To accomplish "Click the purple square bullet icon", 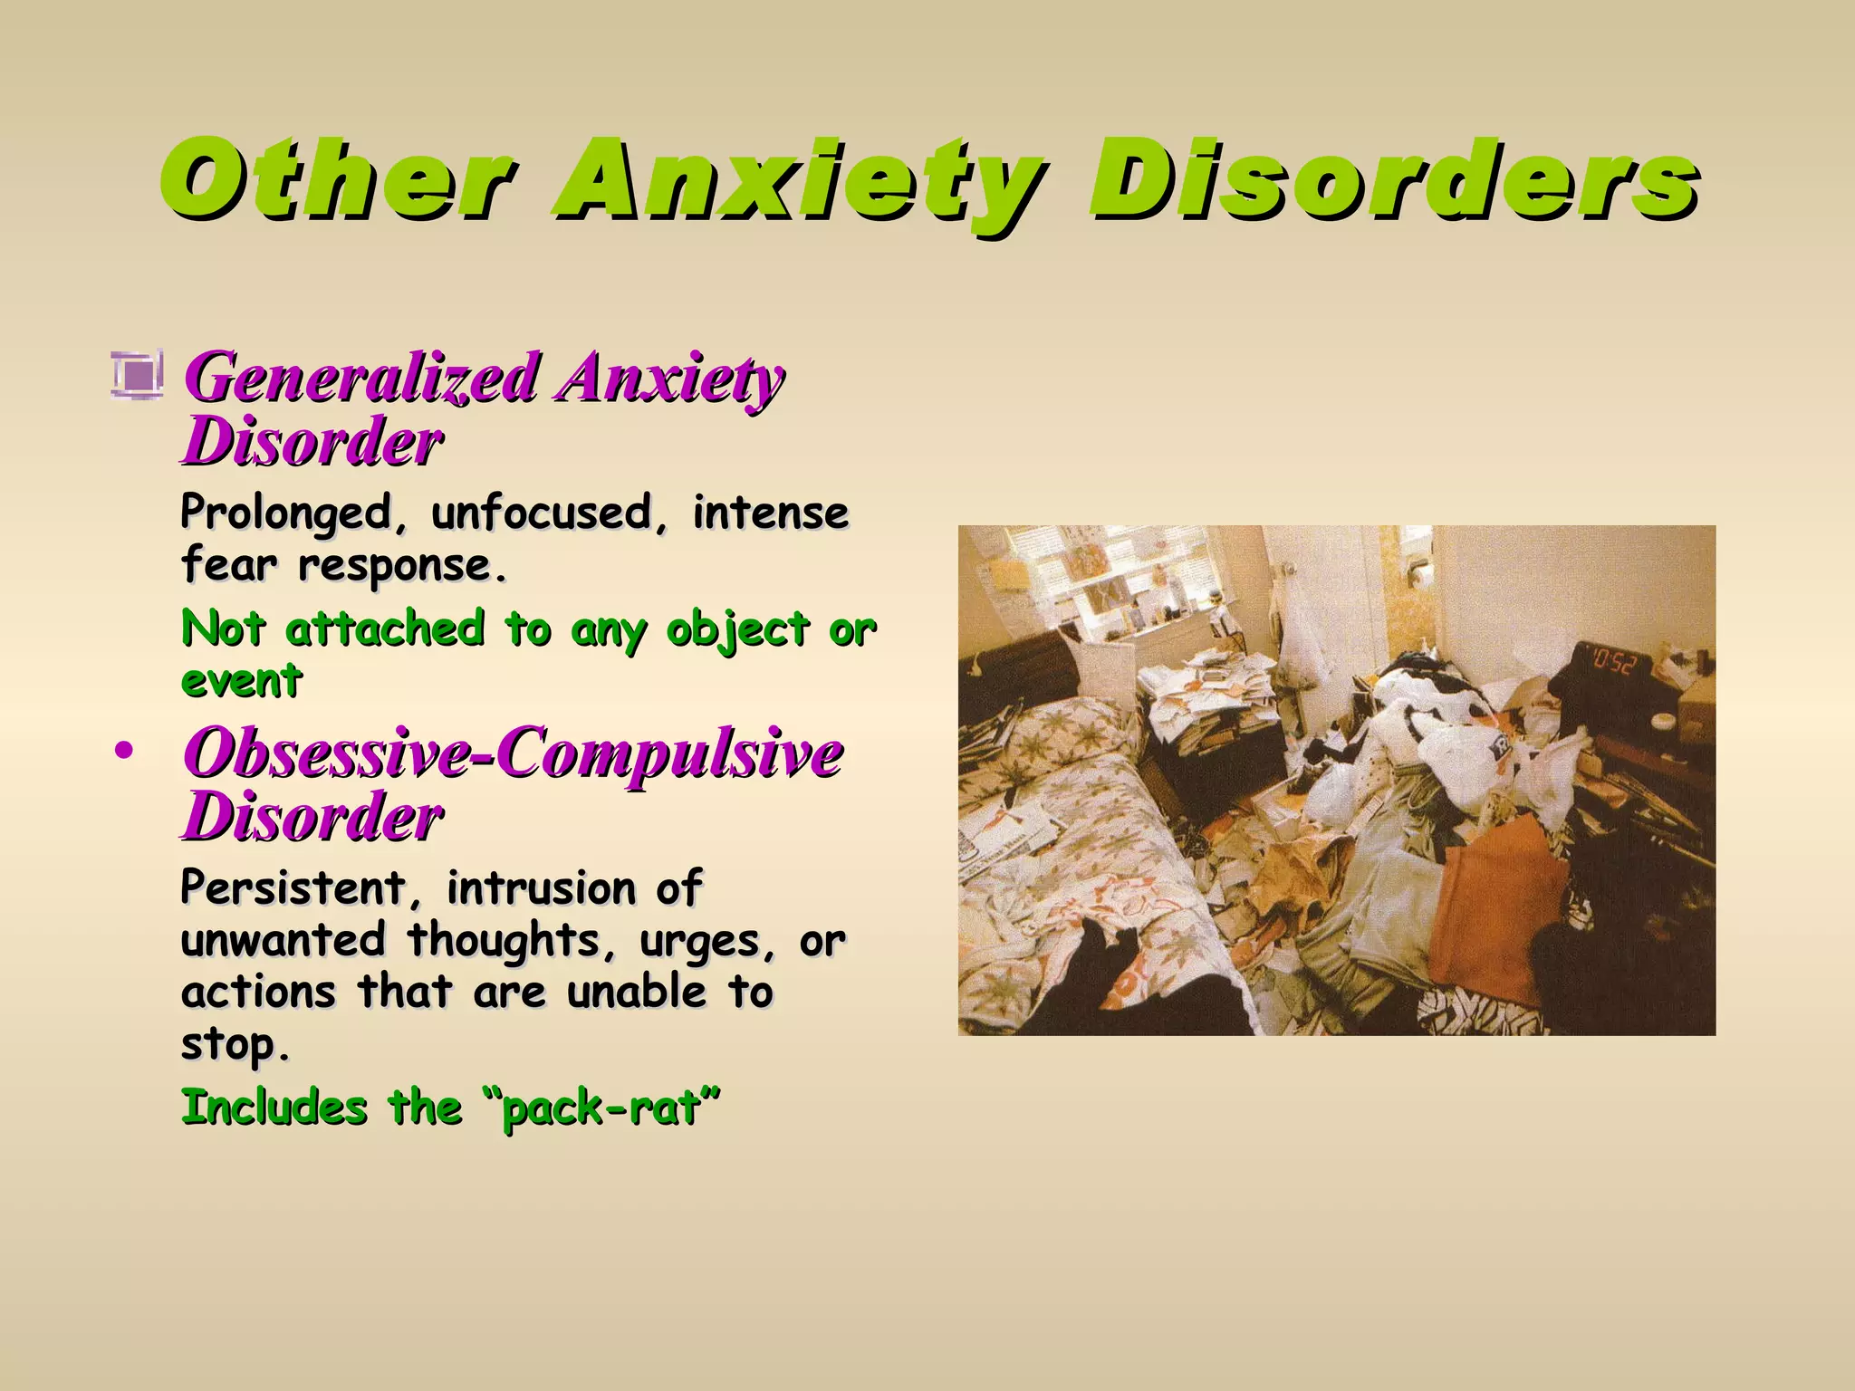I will click(138, 374).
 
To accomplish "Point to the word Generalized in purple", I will click(362, 378).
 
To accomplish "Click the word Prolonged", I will click(286, 513).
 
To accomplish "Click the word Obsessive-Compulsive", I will click(513, 753).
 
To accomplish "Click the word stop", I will click(234, 1045).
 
